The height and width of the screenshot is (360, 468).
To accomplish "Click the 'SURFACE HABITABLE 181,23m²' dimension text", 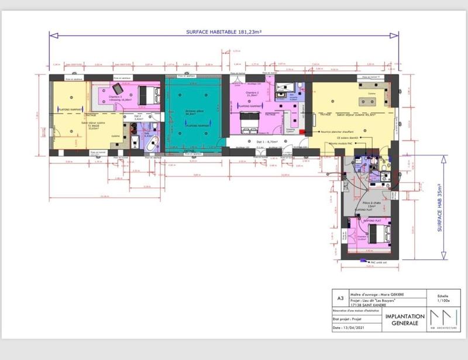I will (x=224, y=33).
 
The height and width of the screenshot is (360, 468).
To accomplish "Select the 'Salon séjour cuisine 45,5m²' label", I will (x=350, y=115).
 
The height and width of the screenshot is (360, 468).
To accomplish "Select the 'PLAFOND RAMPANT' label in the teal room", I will (x=197, y=125).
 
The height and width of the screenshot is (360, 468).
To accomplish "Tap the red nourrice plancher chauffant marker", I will (x=357, y=133).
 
